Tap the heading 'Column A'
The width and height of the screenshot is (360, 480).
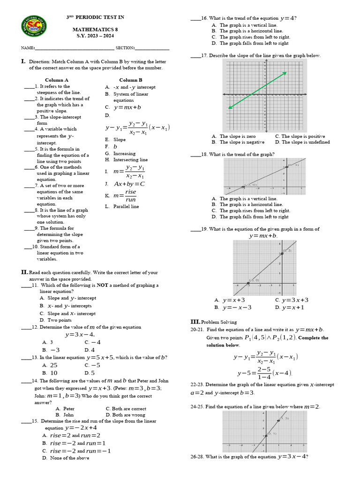(x=57, y=80)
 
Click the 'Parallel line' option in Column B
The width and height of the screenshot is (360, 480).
(x=126, y=206)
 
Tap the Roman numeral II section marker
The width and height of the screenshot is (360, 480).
(x=24, y=272)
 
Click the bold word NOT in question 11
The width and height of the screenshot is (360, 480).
(x=103, y=285)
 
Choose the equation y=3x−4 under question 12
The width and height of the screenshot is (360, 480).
(x=80, y=334)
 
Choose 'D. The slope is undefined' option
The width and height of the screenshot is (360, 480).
(x=302, y=142)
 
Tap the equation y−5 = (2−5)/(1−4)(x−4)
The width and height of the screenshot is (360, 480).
(x=264, y=373)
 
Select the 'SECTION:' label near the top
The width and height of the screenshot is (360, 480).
(x=125, y=48)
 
